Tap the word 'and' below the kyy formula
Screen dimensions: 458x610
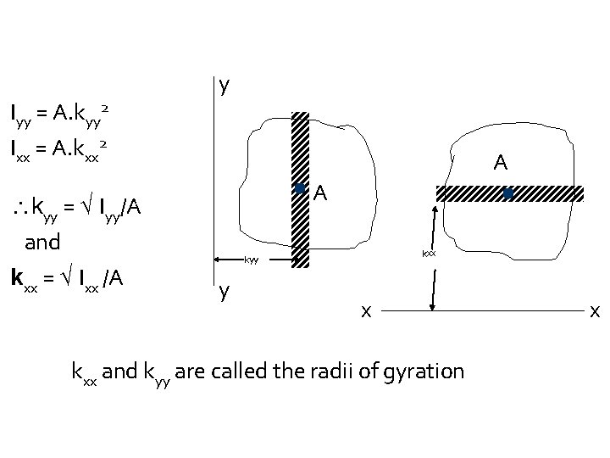pos(42,242)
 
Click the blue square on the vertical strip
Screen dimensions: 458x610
pos(299,189)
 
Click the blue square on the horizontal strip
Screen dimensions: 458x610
pos(507,193)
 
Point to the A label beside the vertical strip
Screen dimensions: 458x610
pos(320,194)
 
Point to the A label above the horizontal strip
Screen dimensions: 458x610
pos(501,162)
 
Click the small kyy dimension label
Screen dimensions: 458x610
pos(251,260)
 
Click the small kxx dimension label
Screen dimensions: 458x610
pos(429,253)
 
